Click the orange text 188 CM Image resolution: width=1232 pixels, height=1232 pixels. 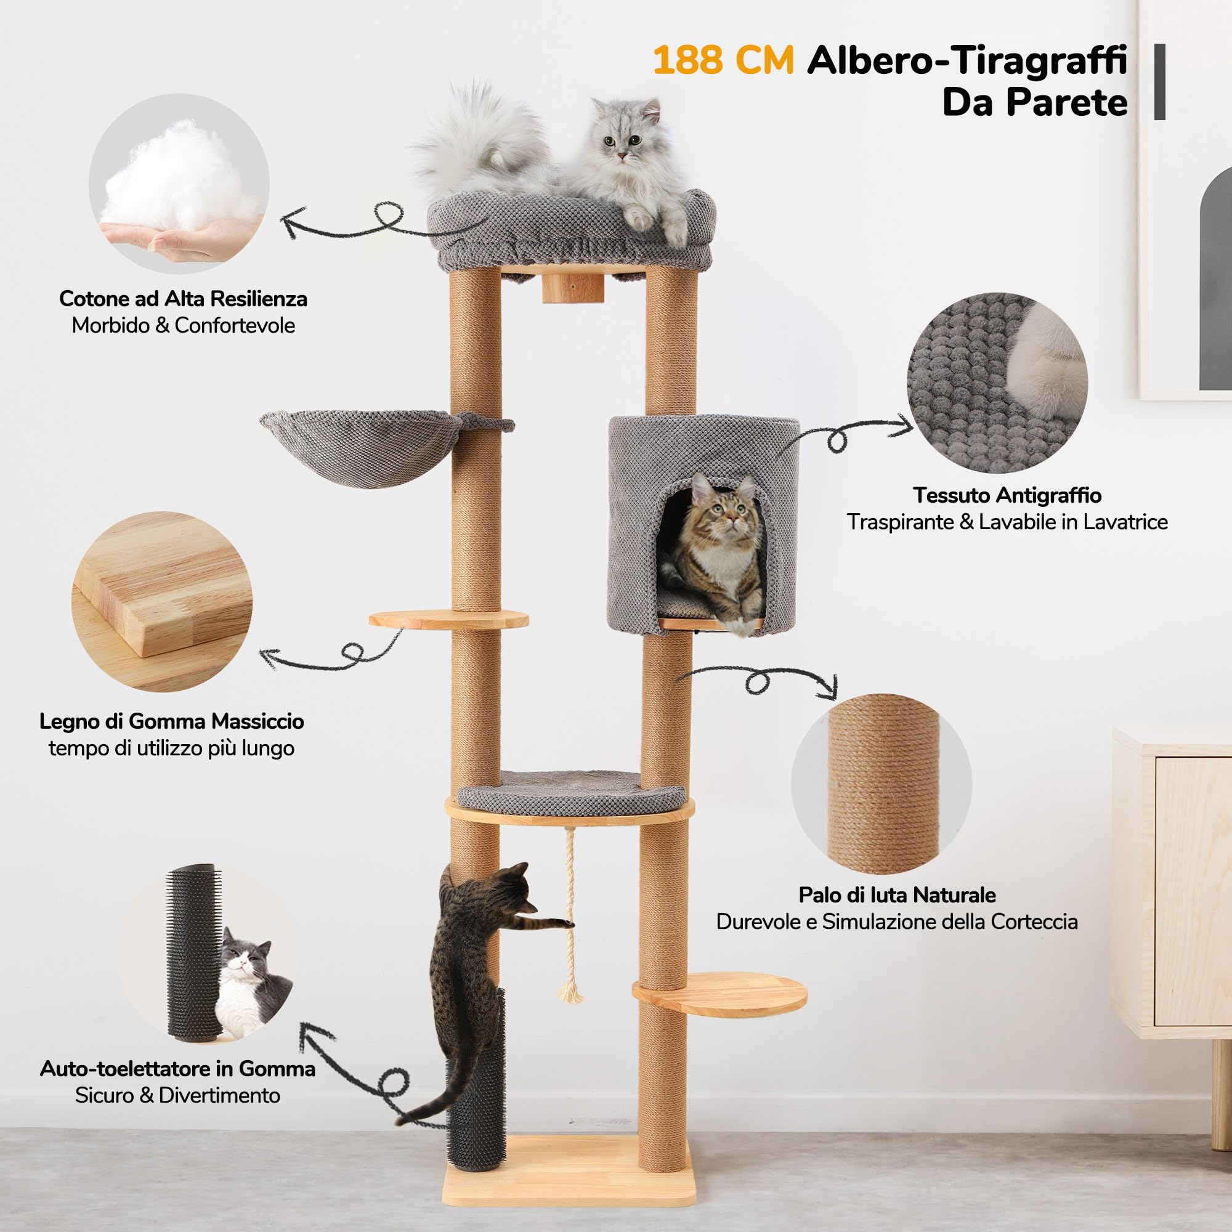(x=723, y=60)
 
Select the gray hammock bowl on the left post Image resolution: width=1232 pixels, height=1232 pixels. (x=360, y=447)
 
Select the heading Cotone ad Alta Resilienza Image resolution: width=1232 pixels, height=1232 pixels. (x=183, y=298)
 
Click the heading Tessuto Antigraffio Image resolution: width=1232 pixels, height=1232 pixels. (x=1007, y=495)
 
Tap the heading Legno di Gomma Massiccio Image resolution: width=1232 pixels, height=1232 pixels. (x=171, y=721)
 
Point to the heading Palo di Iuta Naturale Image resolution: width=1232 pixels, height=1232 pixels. (x=896, y=894)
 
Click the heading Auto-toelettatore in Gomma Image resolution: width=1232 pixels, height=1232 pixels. (x=177, y=1068)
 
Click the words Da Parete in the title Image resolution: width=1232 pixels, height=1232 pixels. (x=1034, y=102)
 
